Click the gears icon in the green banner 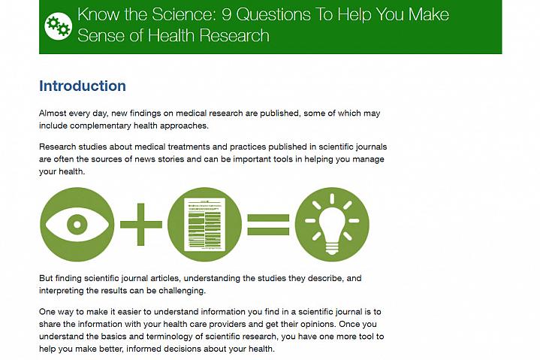58,26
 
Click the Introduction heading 83,86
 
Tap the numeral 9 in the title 226,14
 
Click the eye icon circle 77,224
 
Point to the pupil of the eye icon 77,225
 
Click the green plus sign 141,224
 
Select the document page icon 204,224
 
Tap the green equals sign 268,225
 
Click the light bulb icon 332,224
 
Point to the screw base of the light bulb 332,249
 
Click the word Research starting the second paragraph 58,147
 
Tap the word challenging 183,291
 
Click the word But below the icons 46,278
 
